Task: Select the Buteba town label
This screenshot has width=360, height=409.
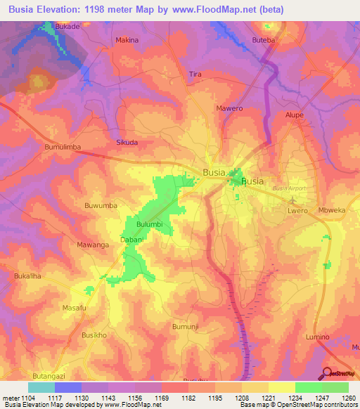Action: [264, 41]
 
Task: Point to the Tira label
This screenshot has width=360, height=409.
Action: [195, 74]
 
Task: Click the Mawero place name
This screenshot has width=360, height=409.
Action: [229, 109]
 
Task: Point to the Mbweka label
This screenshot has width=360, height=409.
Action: [332, 210]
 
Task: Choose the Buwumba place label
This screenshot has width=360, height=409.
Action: [100, 206]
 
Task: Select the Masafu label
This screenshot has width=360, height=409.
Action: [74, 308]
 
